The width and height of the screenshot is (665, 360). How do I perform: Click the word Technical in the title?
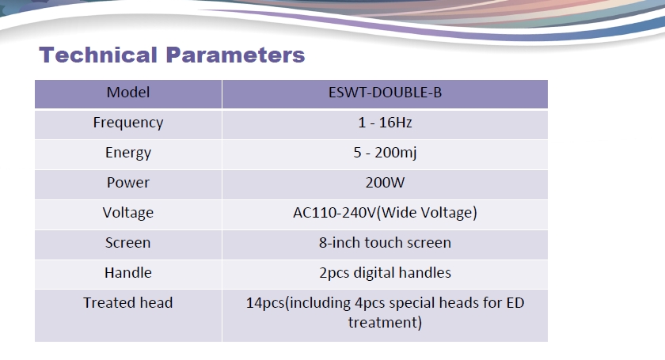pos(98,55)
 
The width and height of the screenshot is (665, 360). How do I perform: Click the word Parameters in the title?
pos(235,55)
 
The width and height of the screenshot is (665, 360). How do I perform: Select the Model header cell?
pos(128,93)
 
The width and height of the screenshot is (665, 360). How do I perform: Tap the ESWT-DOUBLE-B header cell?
pos(385,93)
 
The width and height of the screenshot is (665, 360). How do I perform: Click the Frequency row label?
pos(128,123)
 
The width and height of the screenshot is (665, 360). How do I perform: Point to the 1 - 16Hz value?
pos(385,123)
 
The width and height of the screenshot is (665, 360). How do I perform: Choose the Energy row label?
pos(128,153)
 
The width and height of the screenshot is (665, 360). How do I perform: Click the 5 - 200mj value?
pos(385,153)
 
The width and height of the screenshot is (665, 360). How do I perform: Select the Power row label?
pos(128,183)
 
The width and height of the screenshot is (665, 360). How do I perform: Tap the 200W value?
pos(385,183)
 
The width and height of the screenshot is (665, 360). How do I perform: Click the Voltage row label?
pos(128,213)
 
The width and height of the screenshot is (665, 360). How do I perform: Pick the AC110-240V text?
pos(335,213)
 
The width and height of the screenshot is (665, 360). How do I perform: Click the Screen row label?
pos(128,243)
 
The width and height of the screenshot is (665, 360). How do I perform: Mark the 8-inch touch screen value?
pos(385,243)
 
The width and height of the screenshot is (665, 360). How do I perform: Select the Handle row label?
pos(128,273)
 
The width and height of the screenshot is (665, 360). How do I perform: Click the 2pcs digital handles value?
pos(385,273)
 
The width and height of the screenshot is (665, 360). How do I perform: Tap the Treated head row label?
pos(128,303)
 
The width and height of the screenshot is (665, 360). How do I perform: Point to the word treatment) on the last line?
pos(385,323)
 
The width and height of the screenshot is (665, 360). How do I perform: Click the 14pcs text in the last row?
pos(265,303)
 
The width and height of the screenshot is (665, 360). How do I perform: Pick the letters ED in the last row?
pos(515,303)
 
